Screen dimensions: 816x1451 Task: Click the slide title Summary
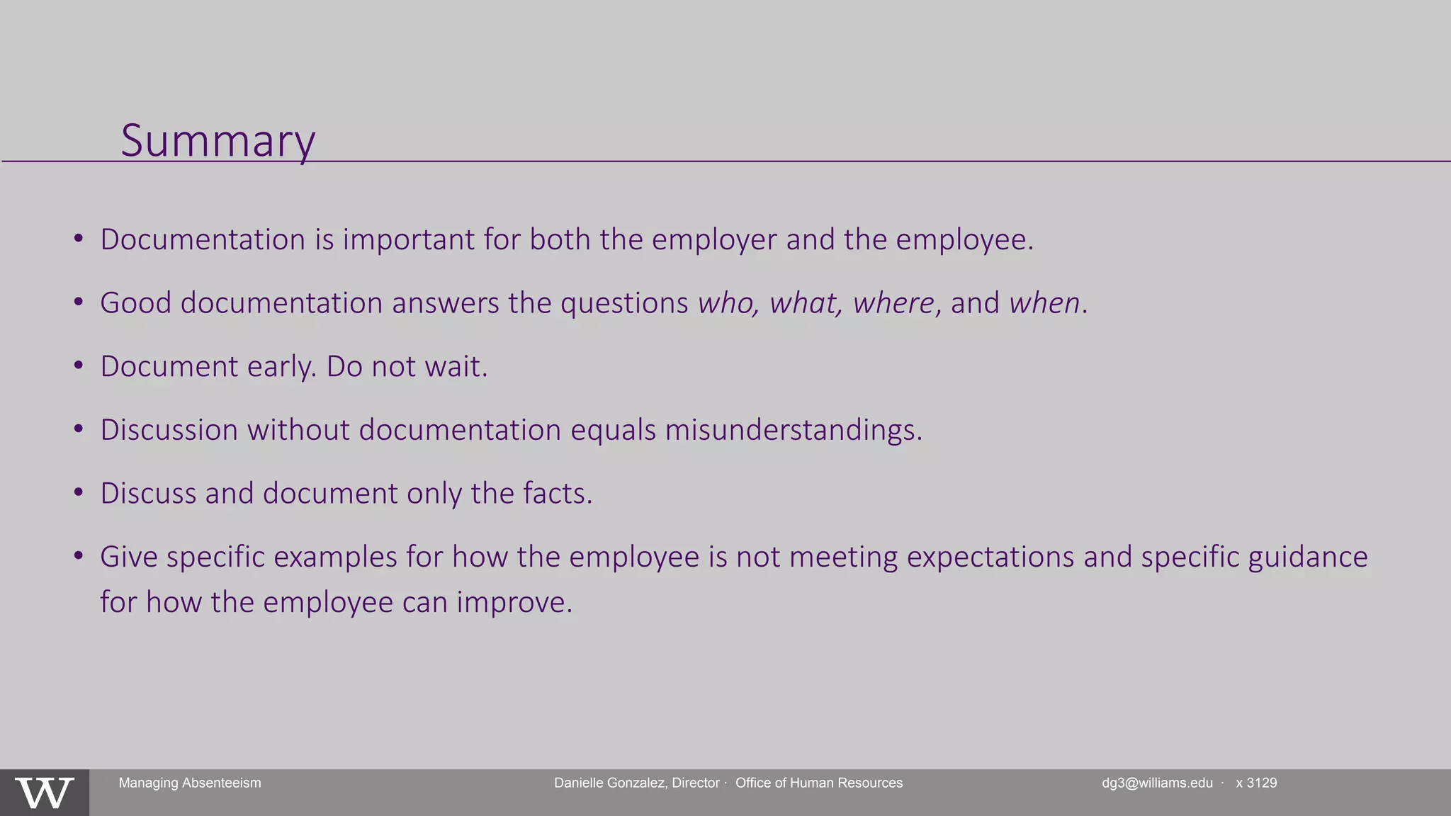coord(218,141)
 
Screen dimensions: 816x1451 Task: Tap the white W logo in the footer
coord(45,793)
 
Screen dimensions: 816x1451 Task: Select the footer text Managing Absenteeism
coord(190,783)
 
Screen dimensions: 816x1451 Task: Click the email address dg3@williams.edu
coord(1157,783)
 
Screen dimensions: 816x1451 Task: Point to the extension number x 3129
coord(1256,783)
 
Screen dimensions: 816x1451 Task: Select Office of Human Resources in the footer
coord(819,783)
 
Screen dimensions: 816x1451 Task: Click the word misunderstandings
coord(793,430)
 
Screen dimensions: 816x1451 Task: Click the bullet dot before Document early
coord(79,366)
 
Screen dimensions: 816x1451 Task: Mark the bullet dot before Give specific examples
coord(79,556)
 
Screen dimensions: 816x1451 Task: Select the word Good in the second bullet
coord(136,303)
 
